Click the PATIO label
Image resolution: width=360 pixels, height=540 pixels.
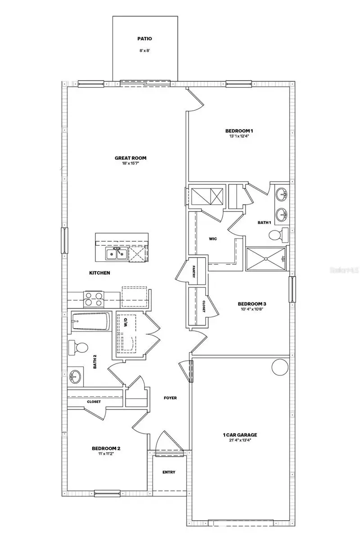coord(145,39)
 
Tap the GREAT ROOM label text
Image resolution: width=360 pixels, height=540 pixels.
coord(130,158)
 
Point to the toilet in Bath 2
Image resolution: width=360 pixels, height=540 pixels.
coord(78,347)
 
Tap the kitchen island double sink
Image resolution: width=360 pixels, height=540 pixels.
coord(116,254)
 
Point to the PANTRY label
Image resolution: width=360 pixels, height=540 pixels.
coord(193,273)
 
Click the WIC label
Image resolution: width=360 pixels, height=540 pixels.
coord(213,238)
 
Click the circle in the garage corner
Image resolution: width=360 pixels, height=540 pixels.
coord(279,367)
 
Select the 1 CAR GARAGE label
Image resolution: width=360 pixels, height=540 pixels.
coord(240,435)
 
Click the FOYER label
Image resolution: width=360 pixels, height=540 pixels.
coord(170,398)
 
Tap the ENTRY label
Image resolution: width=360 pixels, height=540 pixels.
coord(169,472)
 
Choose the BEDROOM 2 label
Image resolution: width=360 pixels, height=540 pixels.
coord(106,448)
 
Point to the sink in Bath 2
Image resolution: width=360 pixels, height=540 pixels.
coord(75,376)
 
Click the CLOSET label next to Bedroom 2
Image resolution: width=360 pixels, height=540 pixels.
coord(94,401)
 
